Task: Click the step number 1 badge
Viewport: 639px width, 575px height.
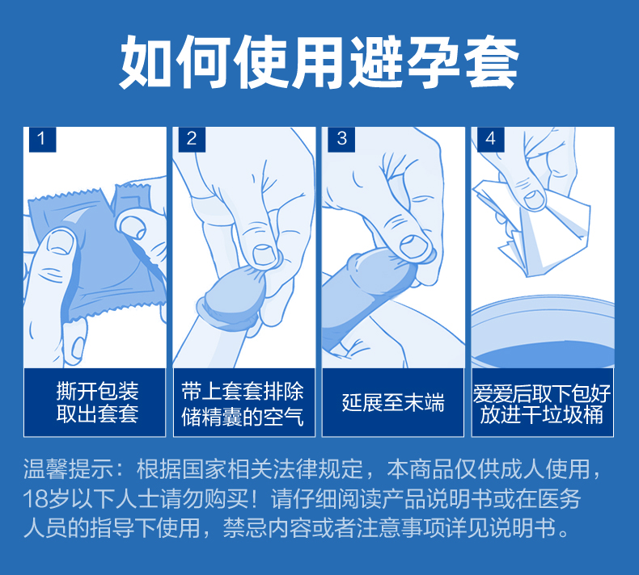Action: coord(42,140)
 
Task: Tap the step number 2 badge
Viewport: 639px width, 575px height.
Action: coord(192,140)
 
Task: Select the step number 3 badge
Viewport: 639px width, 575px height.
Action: coord(341,140)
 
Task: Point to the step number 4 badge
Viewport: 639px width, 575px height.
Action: coord(491,140)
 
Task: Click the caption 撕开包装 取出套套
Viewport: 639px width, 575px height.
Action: coord(97,403)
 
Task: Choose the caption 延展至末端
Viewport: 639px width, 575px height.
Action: coord(393,403)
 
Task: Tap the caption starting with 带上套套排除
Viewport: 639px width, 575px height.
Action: coord(243,404)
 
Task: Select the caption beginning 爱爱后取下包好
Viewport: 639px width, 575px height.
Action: coord(542,404)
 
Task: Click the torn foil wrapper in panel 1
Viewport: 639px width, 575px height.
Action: coord(98,252)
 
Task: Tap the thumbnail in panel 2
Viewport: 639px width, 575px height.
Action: coord(264,255)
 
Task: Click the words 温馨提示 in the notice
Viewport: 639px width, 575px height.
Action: coord(68,468)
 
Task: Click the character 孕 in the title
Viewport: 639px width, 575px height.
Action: coord(434,62)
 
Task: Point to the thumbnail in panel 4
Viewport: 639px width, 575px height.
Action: coord(535,199)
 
